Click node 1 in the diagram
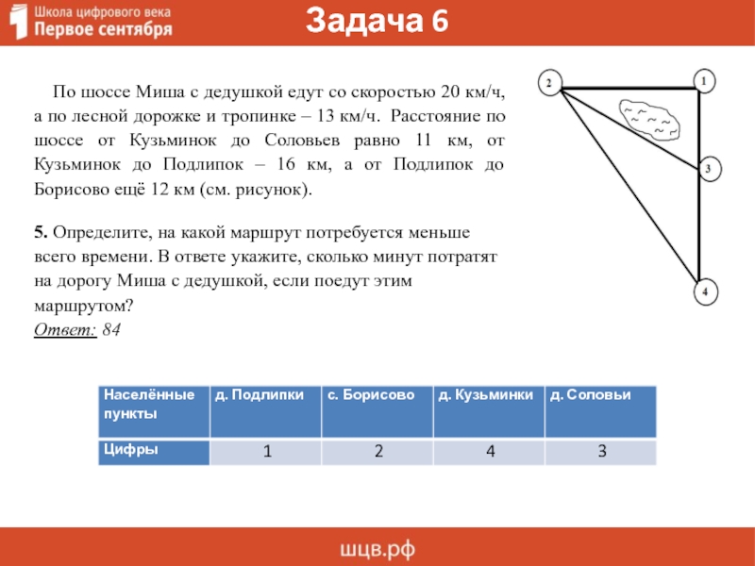(703, 82)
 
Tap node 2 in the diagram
(547, 84)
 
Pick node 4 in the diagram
(704, 293)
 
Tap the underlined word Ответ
(64, 329)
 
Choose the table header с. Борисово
(371, 395)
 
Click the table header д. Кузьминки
(485, 395)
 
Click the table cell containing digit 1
(267, 452)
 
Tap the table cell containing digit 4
(490, 452)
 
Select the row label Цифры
(131, 450)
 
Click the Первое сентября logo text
(104, 29)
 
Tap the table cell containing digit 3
(601, 452)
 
